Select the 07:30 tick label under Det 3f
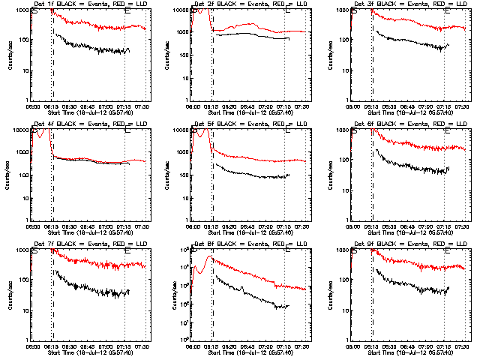(461, 106)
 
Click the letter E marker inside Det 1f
(126, 13)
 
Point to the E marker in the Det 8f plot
(286, 253)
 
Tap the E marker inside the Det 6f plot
(447, 133)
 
